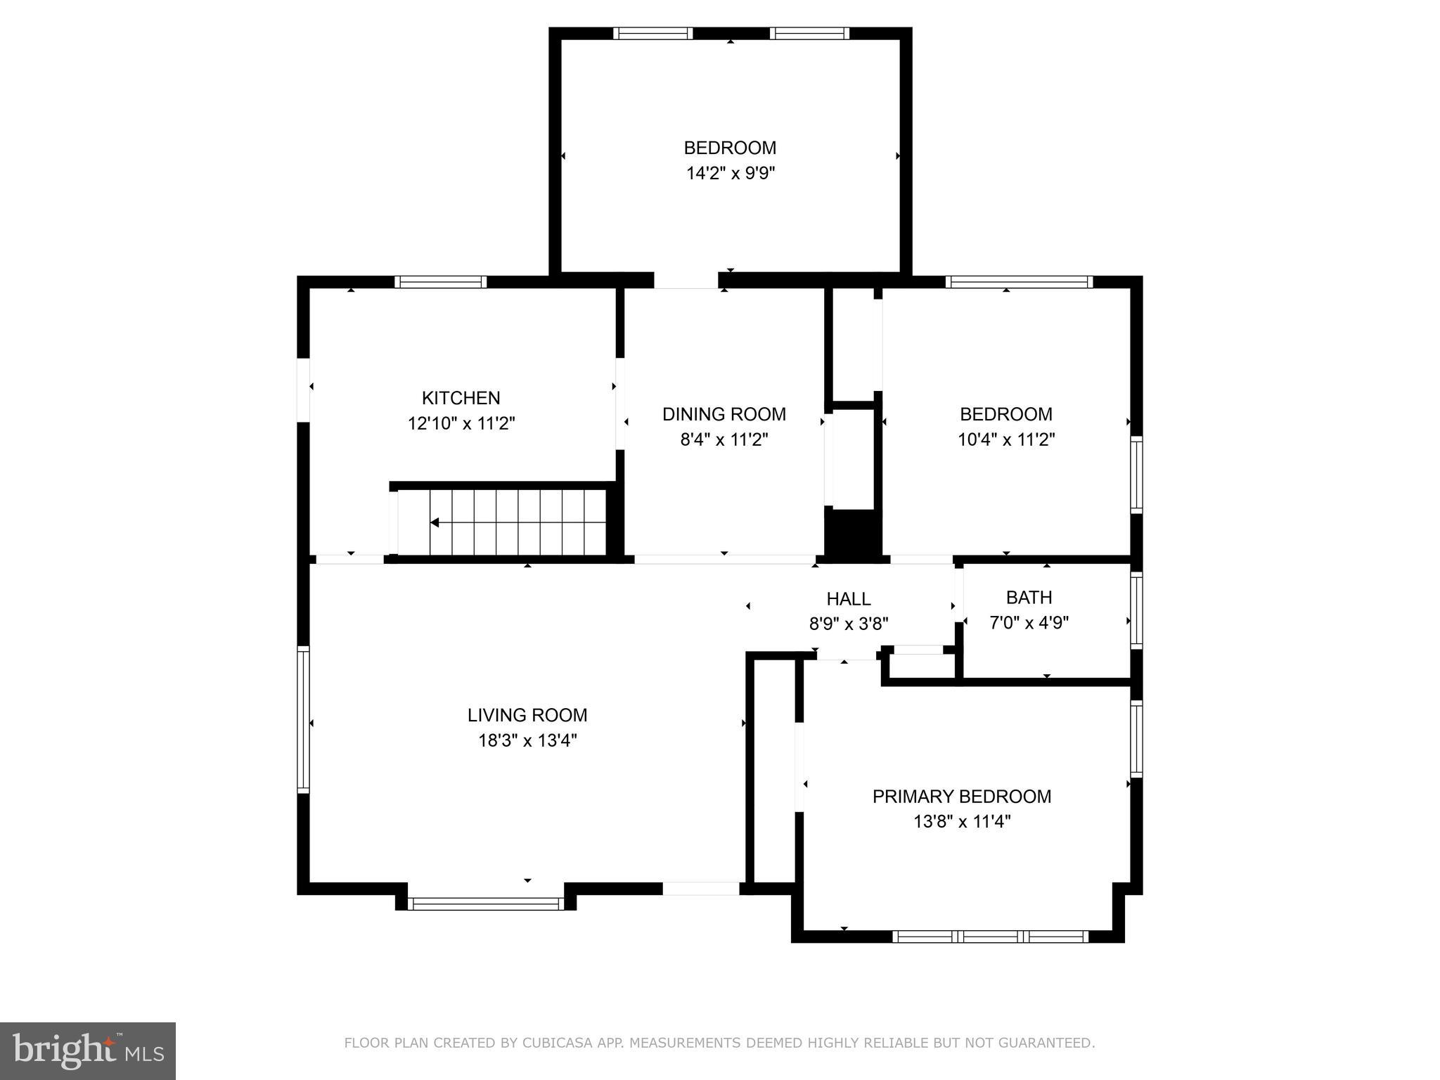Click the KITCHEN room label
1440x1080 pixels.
(461, 398)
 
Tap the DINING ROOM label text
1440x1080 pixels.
(724, 414)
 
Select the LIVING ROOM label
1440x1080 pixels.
(527, 715)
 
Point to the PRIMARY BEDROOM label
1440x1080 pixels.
(961, 797)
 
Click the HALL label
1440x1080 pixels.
(848, 599)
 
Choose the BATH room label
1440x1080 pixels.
(1029, 598)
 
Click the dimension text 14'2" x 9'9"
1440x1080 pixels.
(730, 173)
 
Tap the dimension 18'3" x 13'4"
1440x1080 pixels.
(527, 740)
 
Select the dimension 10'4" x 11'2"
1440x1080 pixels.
(1005, 440)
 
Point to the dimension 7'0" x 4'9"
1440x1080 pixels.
(1029, 623)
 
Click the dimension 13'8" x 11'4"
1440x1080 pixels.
(961, 821)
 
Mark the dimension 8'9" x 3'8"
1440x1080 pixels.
(848, 624)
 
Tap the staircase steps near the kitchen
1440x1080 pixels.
(517, 522)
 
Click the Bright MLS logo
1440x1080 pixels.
(87, 1050)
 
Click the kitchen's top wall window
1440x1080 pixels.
(440, 282)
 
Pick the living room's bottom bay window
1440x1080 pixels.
(485, 904)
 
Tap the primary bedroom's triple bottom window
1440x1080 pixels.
(990, 937)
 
